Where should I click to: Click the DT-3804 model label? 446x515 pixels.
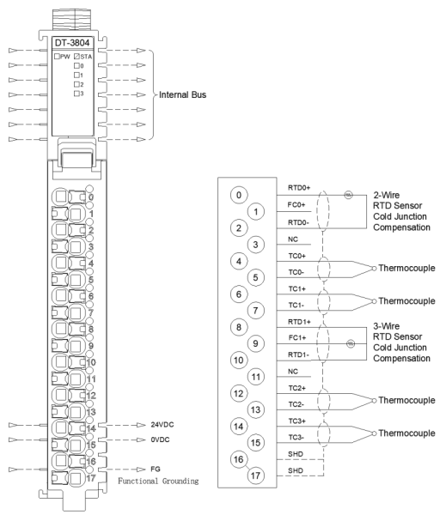72,43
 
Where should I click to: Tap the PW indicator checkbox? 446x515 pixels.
57,56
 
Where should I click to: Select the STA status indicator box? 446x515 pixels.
76,56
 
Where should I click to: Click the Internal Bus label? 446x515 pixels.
182,94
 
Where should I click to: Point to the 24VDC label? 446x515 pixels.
162,425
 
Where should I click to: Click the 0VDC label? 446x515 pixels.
160,439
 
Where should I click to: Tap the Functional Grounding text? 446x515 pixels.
158,482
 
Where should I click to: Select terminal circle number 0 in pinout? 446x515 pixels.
239,195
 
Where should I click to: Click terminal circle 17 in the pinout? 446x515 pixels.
255,476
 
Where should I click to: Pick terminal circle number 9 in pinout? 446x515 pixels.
255,343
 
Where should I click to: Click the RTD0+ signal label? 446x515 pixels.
299,187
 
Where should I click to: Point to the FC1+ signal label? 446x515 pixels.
297,337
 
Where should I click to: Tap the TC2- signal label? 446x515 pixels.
296,404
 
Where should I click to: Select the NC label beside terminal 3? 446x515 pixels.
293,239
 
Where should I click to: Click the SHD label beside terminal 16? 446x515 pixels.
296,454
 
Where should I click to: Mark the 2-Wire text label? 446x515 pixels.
387,195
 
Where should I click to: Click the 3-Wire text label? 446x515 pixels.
387,326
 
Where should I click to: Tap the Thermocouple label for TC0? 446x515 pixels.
406,268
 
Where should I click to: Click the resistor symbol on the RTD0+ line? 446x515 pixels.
348,195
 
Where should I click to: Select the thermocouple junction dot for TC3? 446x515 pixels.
374,433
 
